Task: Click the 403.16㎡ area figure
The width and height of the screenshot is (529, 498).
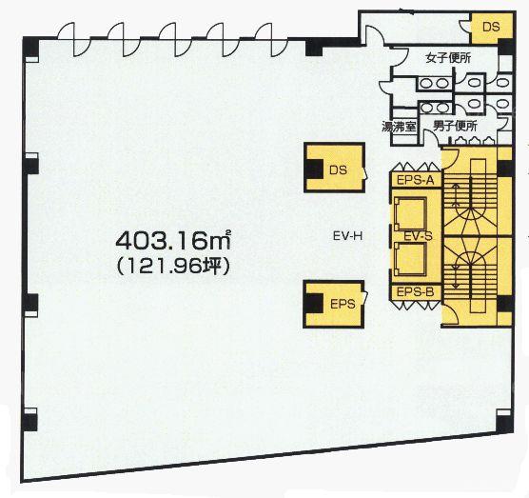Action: (173, 240)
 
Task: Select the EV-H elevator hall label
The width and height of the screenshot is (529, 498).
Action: (347, 236)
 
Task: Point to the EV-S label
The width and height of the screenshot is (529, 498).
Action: (418, 237)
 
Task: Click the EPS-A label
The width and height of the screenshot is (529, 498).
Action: (415, 180)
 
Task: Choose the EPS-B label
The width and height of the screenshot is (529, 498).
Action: (415, 291)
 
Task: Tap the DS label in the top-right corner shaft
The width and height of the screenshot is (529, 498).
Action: (491, 27)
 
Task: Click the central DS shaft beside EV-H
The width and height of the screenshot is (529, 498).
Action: (334, 168)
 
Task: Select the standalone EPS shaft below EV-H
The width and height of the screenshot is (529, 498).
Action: (334, 305)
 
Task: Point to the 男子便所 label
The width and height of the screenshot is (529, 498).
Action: (455, 127)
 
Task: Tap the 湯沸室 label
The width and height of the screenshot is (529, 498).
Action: (399, 128)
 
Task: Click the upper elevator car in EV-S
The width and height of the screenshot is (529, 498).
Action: (410, 213)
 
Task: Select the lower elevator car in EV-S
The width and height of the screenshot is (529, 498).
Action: (410, 259)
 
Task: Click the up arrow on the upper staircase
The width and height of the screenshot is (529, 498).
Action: (457, 195)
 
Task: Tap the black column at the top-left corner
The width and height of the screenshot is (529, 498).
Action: (30, 49)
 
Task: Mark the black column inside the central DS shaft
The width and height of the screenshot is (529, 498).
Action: (314, 169)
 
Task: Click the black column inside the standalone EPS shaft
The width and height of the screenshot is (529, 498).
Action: (314, 303)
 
